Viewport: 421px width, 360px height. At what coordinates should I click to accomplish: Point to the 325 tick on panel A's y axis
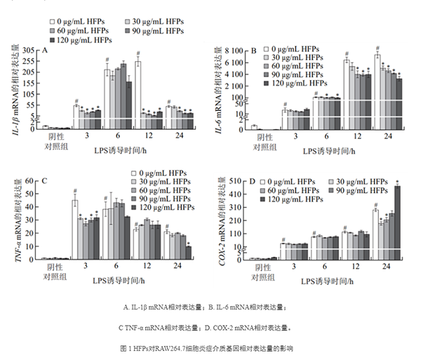click(29, 51)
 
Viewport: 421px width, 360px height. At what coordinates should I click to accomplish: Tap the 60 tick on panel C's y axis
click(31, 181)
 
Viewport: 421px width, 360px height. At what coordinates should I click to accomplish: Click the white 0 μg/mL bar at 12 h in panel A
click(138, 93)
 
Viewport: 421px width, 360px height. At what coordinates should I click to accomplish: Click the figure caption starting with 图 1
click(210, 348)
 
